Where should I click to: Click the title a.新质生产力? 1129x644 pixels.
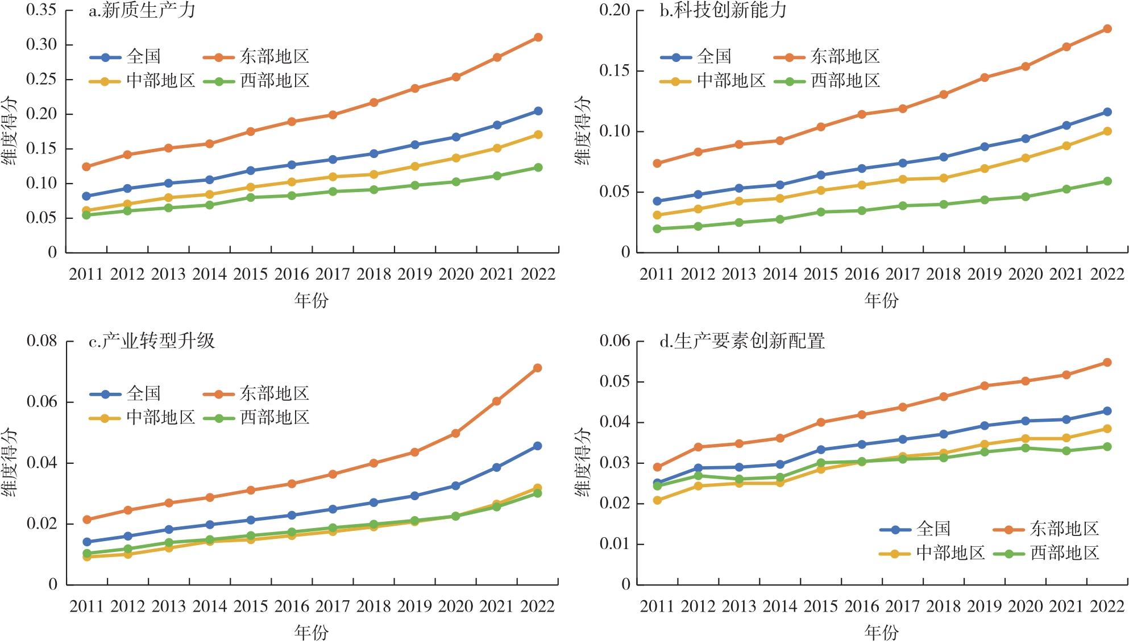[142, 11]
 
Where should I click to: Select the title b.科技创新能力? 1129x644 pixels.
[723, 11]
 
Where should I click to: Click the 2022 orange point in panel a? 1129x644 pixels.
[538, 38]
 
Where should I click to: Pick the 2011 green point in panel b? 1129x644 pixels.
[657, 229]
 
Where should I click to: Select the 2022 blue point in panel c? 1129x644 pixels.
[538, 446]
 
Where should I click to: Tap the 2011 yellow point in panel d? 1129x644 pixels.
[657, 500]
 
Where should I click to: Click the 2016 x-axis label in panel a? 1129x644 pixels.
[292, 275]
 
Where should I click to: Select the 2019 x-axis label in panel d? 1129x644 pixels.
[985, 606]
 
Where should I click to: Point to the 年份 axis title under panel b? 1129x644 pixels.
[881, 300]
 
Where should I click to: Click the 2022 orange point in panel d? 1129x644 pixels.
[1107, 363]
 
